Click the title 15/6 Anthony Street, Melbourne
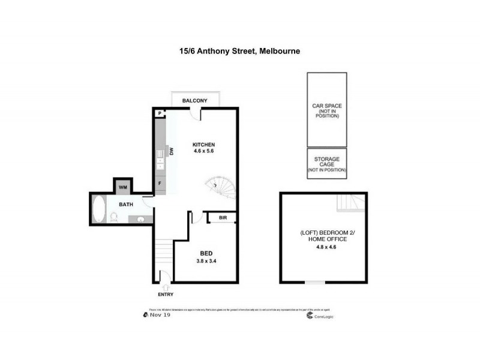239,52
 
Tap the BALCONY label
194,101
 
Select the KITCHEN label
203,145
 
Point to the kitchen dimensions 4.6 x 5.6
203,151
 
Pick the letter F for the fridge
160,183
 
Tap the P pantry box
160,113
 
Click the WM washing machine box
123,188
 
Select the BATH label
125,205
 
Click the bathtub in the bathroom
98,210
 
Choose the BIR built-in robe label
222,218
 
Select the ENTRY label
165,295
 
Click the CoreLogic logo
318,316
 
